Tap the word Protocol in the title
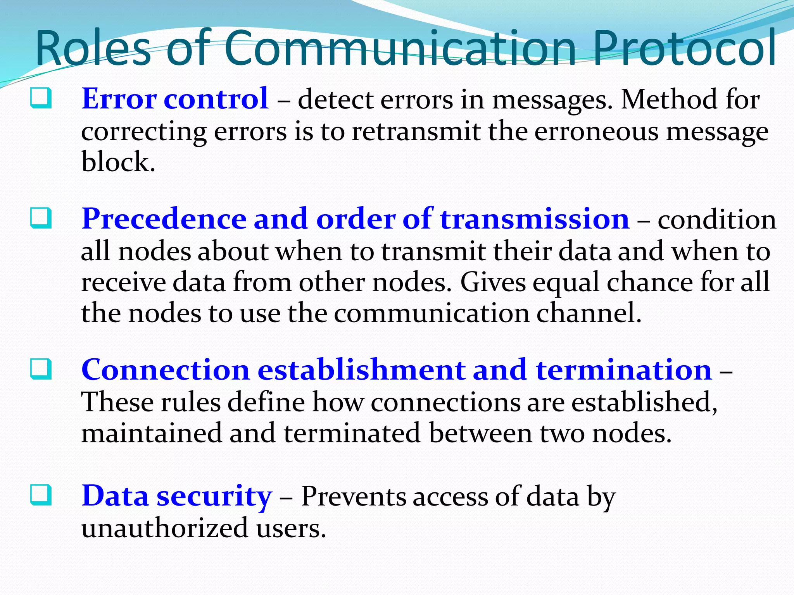click(684, 48)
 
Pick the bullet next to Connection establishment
click(40, 369)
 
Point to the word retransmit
click(416, 132)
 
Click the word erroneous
click(596, 132)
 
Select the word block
click(118, 162)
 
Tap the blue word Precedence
click(164, 219)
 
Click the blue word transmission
click(535, 219)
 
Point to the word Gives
click(492, 282)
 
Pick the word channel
click(589, 313)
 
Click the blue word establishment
click(361, 370)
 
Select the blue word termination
click(624, 370)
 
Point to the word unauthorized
click(164, 528)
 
